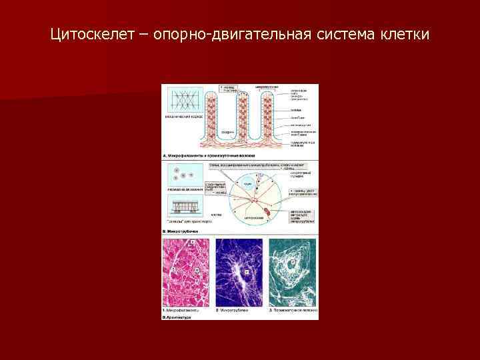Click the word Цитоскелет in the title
(91, 33)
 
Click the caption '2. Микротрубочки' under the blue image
(233, 311)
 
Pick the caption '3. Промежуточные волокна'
(291, 311)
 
